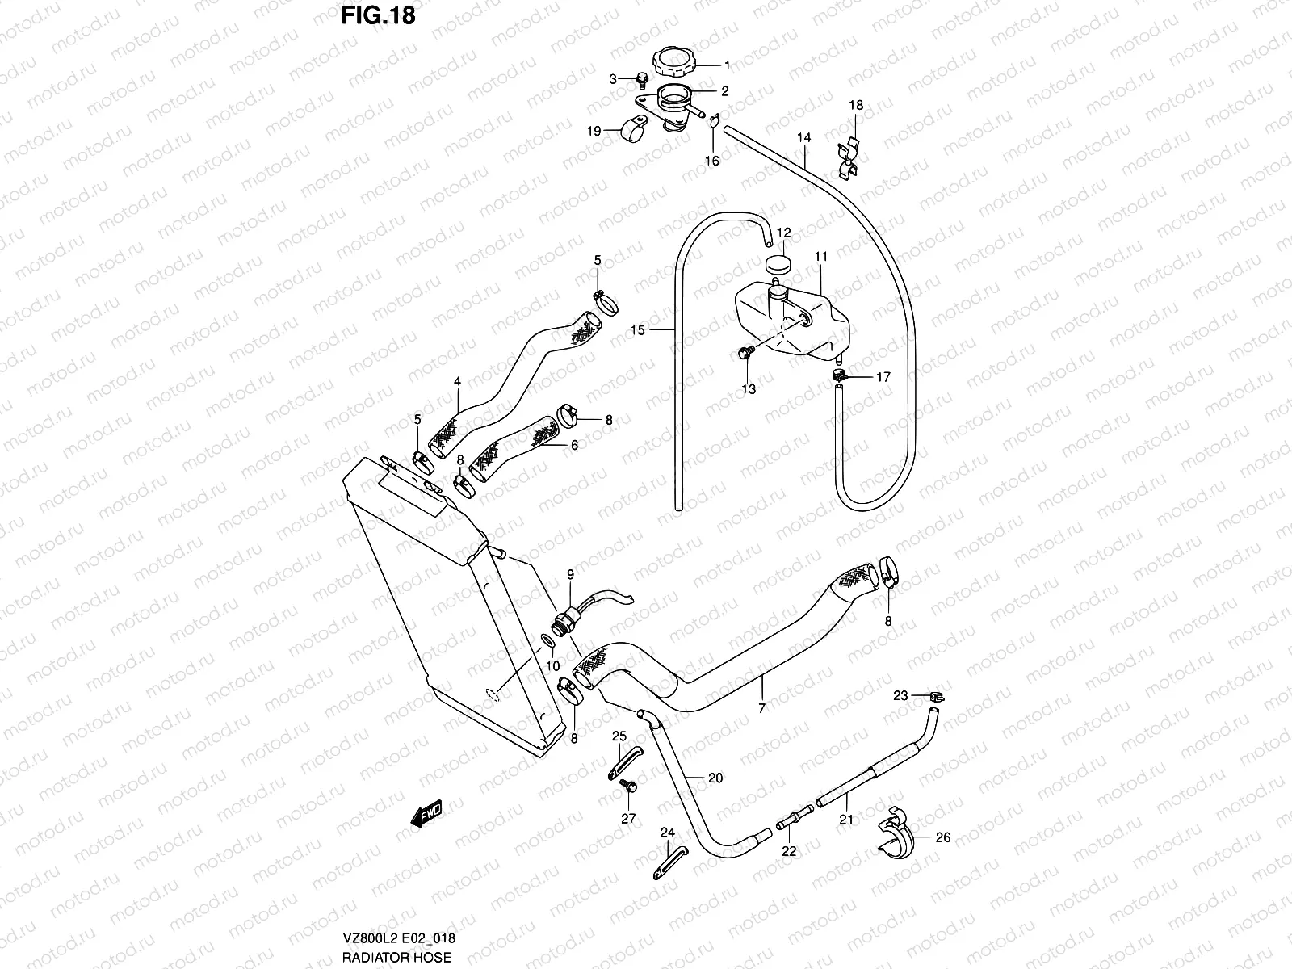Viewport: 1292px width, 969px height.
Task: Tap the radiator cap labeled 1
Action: click(x=675, y=61)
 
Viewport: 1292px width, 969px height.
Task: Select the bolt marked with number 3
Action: click(x=643, y=79)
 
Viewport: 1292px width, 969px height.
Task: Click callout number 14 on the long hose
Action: click(x=803, y=138)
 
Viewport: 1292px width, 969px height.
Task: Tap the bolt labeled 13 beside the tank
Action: click(x=745, y=353)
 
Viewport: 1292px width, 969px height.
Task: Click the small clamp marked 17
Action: click(x=840, y=375)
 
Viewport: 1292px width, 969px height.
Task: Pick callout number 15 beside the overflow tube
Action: click(x=638, y=330)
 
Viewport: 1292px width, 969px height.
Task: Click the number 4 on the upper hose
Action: click(x=457, y=381)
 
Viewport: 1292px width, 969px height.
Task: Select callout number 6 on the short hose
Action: click(x=574, y=445)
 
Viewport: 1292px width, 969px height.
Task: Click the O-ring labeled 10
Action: click(x=546, y=640)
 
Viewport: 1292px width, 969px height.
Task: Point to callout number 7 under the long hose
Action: click(x=761, y=707)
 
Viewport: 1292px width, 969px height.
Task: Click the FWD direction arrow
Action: click(x=428, y=813)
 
